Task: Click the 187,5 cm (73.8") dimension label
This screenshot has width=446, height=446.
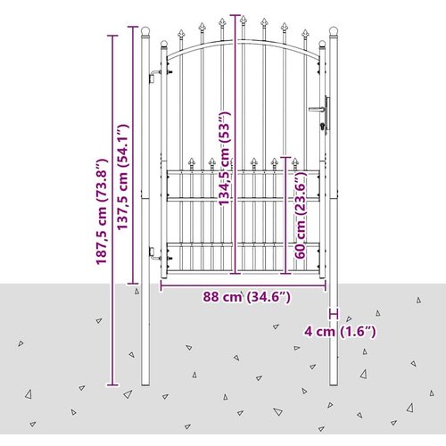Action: (102, 211)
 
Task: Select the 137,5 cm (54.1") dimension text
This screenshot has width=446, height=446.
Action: (122, 177)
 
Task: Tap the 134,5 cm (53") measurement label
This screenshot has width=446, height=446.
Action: (225, 159)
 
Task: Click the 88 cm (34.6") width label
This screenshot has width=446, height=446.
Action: (247, 297)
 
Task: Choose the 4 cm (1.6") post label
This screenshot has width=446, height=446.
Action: (340, 331)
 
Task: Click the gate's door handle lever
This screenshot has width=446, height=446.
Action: (318, 109)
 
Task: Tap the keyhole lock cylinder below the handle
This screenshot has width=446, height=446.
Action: (322, 127)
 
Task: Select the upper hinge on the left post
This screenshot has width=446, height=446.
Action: (155, 76)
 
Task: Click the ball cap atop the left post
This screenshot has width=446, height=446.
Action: (145, 31)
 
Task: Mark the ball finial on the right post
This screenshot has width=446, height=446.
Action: (334, 31)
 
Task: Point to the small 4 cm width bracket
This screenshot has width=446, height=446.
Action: (334, 314)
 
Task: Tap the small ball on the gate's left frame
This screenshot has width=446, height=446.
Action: (164, 44)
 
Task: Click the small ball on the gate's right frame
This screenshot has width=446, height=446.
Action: (322, 44)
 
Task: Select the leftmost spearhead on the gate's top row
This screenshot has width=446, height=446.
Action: (181, 34)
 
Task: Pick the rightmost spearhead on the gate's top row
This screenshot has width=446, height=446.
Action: (305, 34)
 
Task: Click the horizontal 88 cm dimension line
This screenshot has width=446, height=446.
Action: (244, 285)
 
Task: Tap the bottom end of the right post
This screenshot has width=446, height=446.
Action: (334, 385)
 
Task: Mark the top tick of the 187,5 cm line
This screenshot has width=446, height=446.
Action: (112, 36)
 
